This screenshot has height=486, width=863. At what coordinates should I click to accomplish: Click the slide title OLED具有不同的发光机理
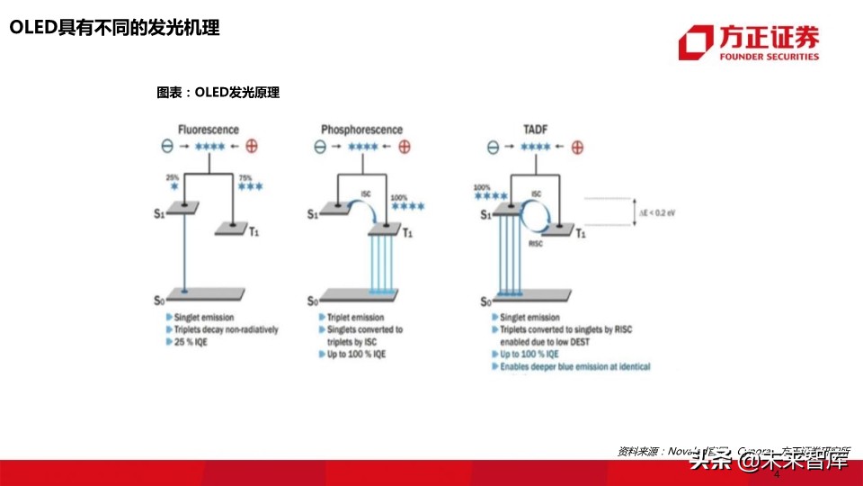point(114,28)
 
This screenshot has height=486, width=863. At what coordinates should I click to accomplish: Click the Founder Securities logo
point(748,42)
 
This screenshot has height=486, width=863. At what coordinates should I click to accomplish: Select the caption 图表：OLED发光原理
point(218,93)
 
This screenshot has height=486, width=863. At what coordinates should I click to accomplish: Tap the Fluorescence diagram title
point(209,130)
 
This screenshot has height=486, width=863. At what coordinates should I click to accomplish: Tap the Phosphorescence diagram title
point(362,130)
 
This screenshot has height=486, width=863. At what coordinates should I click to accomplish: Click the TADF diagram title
point(535,130)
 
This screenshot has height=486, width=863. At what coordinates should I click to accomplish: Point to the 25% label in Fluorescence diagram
point(173,178)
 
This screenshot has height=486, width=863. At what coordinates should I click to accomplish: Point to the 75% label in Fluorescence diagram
point(245,178)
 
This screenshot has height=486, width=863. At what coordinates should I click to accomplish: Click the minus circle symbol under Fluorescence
point(166,147)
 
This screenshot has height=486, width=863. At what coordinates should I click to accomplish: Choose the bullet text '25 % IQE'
point(191,343)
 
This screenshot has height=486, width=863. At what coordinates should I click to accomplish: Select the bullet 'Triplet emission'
point(356,318)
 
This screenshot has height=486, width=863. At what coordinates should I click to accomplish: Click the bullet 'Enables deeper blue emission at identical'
point(574,367)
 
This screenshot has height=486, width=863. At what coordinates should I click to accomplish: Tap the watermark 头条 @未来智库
point(769,462)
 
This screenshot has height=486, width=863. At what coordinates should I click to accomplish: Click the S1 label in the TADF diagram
point(485,214)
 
